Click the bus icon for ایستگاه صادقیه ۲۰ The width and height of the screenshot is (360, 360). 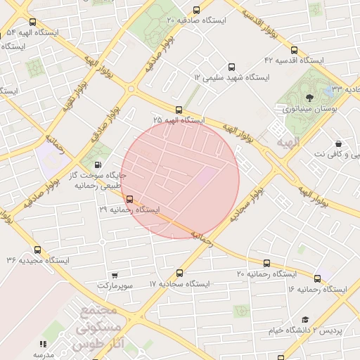(196, 10)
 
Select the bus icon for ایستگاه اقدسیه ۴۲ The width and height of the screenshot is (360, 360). (294, 50)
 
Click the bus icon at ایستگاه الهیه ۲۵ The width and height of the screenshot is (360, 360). (179, 110)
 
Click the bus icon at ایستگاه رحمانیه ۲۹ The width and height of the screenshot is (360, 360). (129, 199)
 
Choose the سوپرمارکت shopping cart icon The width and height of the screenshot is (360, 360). (115, 276)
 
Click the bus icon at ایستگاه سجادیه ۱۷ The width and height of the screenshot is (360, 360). (179, 273)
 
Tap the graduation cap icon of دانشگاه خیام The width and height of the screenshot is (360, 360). (305, 319)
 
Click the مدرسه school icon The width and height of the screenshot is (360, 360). (43, 344)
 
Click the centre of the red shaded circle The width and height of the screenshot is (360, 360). (181, 179)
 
